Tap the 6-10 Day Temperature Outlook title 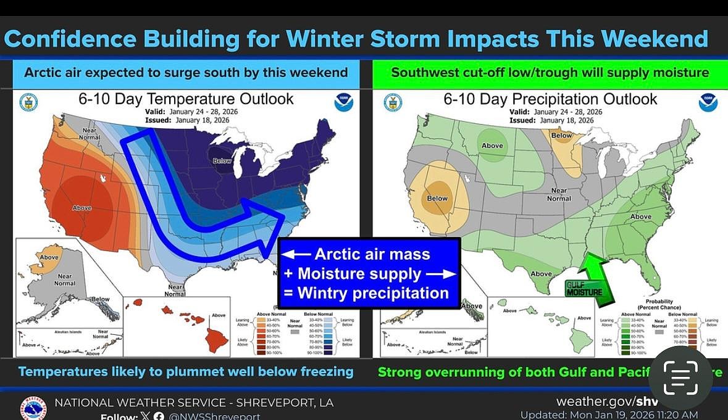(x=186, y=99)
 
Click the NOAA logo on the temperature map (x=343, y=102)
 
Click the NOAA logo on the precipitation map (x=708, y=102)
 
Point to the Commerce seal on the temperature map (x=28, y=102)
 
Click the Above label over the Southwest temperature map (x=82, y=208)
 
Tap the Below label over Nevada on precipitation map (x=437, y=199)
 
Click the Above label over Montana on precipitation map (x=492, y=146)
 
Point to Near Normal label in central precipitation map (x=559, y=195)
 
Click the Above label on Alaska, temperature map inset (x=49, y=257)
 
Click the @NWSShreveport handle (x=214, y=416)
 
